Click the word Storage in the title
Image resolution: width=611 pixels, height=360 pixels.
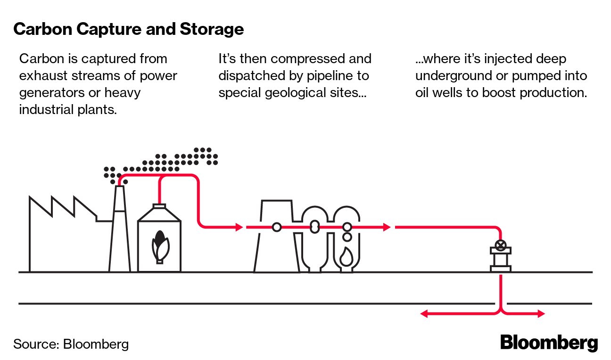[212, 29]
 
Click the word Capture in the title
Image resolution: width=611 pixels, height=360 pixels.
[110, 29]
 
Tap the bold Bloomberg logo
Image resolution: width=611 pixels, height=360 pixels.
[549, 343]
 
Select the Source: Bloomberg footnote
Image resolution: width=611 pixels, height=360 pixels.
[71, 344]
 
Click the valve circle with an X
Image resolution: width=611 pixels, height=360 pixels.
[501, 245]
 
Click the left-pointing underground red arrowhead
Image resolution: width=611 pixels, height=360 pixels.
[424, 313]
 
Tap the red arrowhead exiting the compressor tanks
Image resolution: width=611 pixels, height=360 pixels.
[387, 227]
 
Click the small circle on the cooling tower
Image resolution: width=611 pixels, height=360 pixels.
[277, 227]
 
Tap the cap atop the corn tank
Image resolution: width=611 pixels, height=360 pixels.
[159, 205]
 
